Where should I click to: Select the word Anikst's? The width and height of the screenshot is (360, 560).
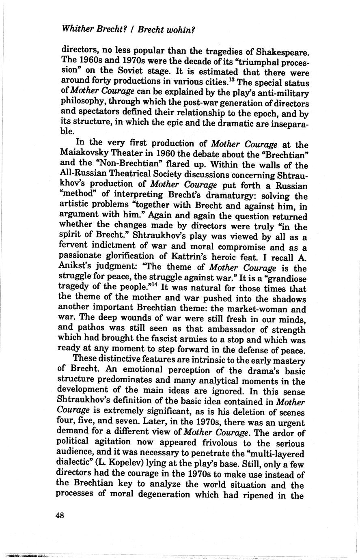point(76,268)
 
